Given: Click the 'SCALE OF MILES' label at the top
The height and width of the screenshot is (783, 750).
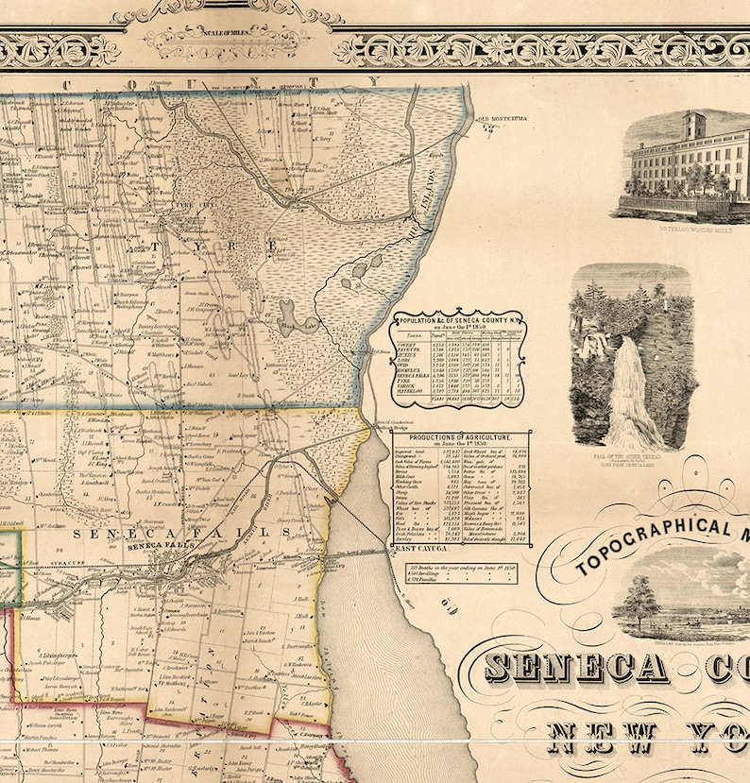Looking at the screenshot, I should [224, 33].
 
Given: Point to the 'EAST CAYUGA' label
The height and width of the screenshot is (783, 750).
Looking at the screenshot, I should [418, 549].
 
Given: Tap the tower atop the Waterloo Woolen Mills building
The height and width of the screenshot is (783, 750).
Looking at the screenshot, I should [695, 125].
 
